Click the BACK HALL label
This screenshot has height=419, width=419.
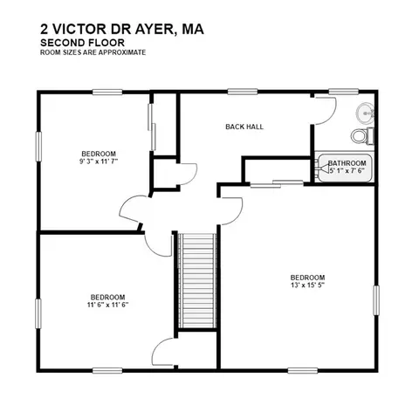(244, 127)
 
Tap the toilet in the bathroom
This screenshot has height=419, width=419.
(359, 136)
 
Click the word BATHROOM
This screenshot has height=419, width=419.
(347, 163)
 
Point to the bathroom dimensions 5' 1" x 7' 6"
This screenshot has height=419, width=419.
(347, 172)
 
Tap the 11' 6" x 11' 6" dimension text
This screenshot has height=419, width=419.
(107, 305)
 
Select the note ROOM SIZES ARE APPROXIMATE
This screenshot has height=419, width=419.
(92, 52)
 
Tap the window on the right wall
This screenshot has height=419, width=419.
(378, 301)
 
